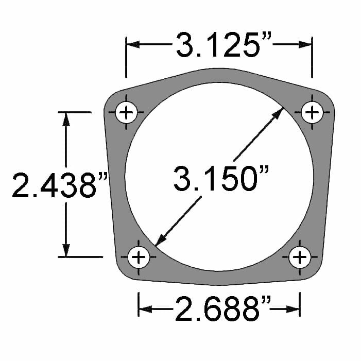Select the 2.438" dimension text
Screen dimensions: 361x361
coord(59,185)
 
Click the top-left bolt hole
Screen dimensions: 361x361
coord(127,113)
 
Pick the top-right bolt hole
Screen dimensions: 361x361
coord(312,112)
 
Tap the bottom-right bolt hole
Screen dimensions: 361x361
coord(300,256)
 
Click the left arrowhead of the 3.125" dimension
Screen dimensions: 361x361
coord(133,45)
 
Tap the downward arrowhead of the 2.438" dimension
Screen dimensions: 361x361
coord(65,250)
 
